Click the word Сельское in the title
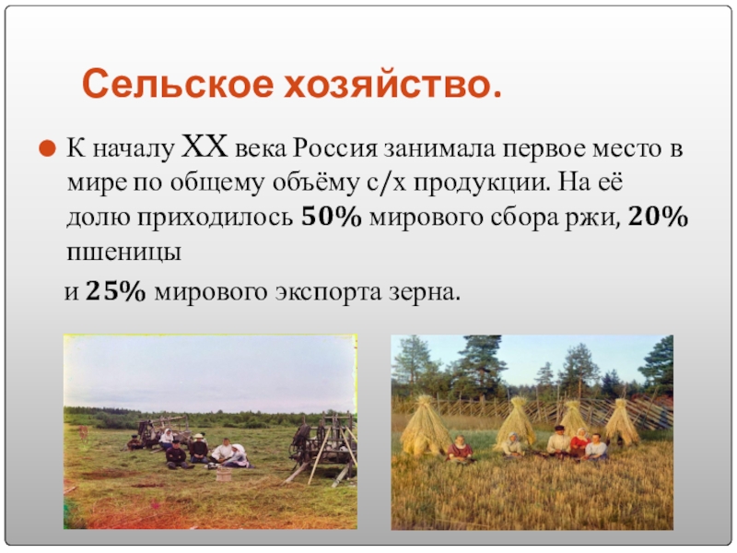pos(177,84)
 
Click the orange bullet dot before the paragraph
pos(47,149)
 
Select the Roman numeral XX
pos(204,147)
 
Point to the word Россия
pos(335,148)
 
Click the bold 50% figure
pos(332,217)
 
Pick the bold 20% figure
pos(658,217)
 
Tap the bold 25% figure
pos(116,291)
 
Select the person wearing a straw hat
pos(200,449)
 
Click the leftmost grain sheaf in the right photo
pos(423,426)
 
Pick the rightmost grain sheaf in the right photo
pos(621,422)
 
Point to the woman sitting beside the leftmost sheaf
pos(459,449)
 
